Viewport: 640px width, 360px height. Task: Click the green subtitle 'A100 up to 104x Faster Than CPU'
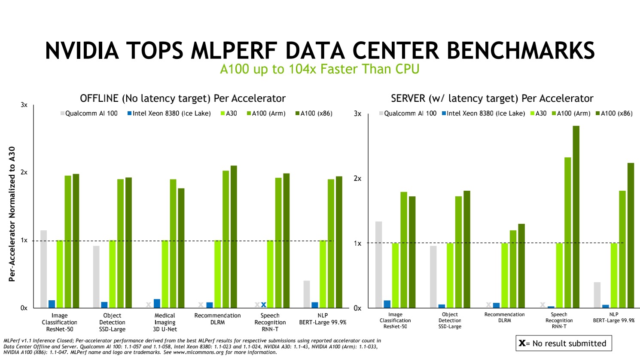320,69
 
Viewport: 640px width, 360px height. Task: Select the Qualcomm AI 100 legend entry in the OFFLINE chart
89,113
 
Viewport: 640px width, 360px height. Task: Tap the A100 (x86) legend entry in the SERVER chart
614,113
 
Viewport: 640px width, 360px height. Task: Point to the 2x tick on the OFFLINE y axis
24,173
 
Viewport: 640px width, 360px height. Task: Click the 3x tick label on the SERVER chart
357,114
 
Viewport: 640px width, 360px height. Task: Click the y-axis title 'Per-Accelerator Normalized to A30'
12,214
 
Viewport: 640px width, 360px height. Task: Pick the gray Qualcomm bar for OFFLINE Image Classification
44,269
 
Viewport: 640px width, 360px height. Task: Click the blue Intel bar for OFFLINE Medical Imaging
157,303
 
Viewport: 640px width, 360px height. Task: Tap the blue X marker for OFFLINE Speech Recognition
264,305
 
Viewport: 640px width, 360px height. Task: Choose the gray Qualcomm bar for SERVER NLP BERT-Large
597,295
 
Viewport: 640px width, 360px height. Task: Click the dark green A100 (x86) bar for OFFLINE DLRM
234,237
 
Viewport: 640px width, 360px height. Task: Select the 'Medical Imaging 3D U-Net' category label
165,322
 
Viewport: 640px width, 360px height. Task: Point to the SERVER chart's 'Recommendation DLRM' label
504,317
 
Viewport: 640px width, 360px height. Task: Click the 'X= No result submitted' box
563,343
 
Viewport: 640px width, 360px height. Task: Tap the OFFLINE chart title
183,98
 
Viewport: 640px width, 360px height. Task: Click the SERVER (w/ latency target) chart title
492,98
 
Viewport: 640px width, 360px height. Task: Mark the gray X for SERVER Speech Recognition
542,305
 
